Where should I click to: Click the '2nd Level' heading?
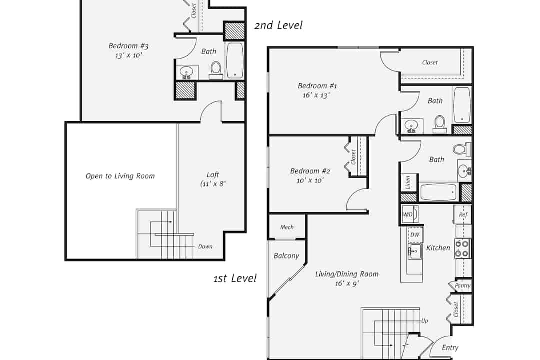(x=278, y=25)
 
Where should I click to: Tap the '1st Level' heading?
(x=235, y=278)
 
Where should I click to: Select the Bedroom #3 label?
(x=128, y=46)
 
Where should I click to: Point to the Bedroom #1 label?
(x=317, y=86)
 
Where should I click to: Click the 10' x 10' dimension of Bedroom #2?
(x=310, y=180)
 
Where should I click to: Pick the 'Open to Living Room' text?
(x=120, y=176)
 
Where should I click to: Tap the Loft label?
(x=213, y=174)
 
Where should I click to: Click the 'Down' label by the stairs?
(x=205, y=246)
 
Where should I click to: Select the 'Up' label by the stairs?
(x=425, y=321)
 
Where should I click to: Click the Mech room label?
(x=287, y=227)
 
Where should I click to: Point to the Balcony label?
(x=286, y=256)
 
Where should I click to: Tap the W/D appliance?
(x=410, y=215)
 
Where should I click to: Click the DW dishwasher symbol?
(x=415, y=235)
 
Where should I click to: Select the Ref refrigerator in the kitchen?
(x=462, y=214)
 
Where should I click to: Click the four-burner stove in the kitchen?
(x=462, y=248)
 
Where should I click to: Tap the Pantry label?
(x=463, y=286)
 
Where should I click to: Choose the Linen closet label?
(x=408, y=182)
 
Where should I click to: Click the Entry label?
(x=450, y=348)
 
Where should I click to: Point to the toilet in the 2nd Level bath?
(x=216, y=70)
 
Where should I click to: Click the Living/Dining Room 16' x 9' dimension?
(x=347, y=283)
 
